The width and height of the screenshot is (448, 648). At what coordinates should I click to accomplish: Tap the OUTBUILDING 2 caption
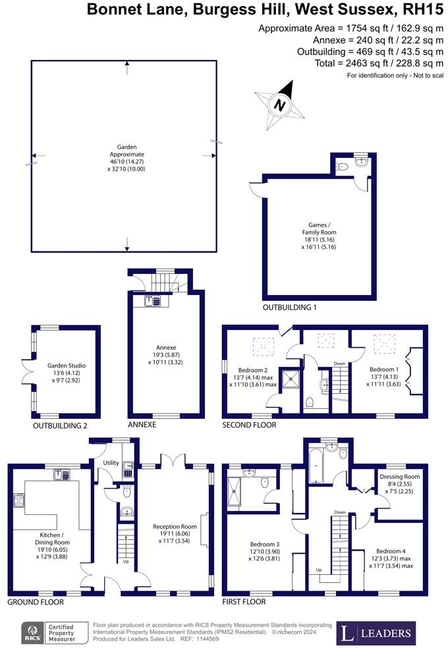(x=60, y=426)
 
